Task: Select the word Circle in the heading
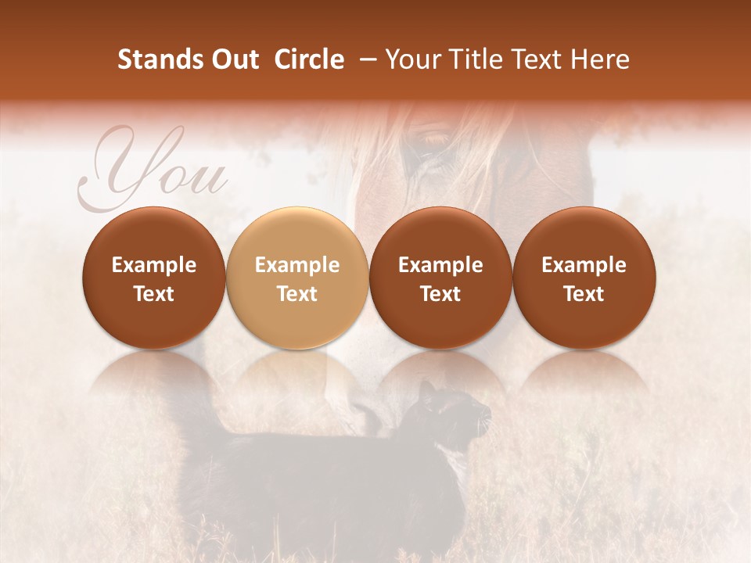click(309, 59)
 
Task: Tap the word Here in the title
click(600, 59)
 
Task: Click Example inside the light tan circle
click(297, 265)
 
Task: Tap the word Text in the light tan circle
click(297, 294)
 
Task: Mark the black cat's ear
click(426, 389)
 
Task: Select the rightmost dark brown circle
click(584, 278)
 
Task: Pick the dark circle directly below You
click(154, 278)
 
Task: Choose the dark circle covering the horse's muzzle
click(440, 278)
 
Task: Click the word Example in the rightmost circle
click(584, 265)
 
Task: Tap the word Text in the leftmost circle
click(154, 294)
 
